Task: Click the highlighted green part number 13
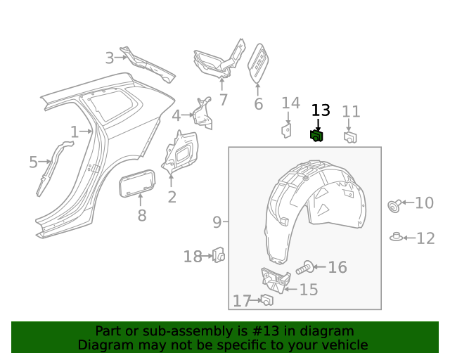tap(316, 136)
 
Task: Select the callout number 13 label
tap(320, 110)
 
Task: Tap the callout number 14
tap(290, 104)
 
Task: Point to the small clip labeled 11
tap(350, 136)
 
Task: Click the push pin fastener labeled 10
tap(395, 205)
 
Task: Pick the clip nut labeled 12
tap(397, 236)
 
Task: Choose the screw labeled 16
tap(307, 267)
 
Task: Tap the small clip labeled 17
tap(266, 300)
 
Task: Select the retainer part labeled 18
tap(219, 255)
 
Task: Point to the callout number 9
tap(217, 223)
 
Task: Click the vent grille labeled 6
tap(258, 65)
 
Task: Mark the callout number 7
tap(224, 100)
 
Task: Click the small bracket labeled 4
tap(204, 113)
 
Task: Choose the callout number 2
tap(172, 198)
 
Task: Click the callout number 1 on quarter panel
tap(74, 131)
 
